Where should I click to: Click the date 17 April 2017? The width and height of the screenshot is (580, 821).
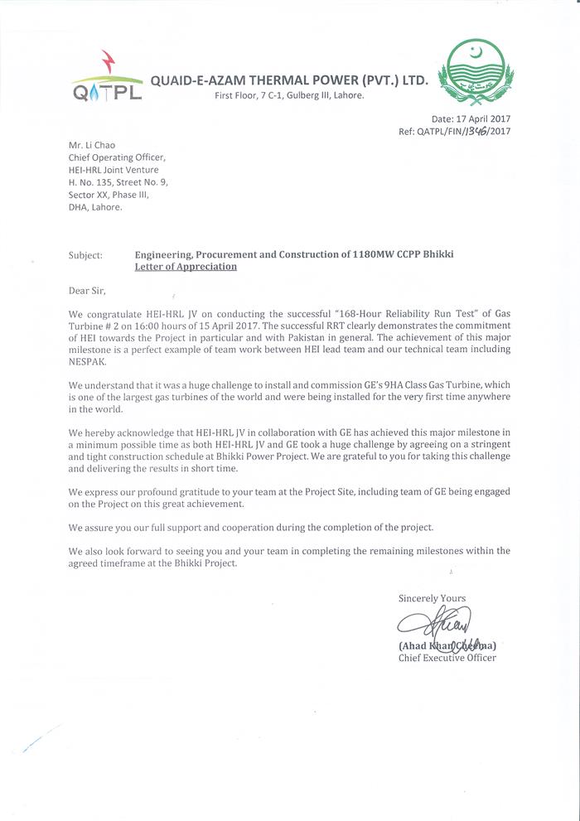click(x=482, y=119)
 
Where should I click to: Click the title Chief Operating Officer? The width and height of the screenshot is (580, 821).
click(x=117, y=157)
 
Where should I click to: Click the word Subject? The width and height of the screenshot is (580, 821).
click(x=85, y=255)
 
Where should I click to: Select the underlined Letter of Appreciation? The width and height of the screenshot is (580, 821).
click(x=186, y=267)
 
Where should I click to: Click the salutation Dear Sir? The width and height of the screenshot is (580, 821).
click(x=87, y=291)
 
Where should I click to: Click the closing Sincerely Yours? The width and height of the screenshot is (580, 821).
click(x=432, y=598)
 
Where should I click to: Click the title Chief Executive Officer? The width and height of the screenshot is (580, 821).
click(x=447, y=658)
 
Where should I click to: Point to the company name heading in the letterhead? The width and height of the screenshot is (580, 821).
click(x=288, y=80)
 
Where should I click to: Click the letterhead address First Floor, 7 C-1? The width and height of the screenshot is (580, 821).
click(x=288, y=95)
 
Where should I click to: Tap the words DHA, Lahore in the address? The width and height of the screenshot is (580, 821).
click(x=95, y=207)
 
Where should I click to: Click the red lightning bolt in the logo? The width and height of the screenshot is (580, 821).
click(x=108, y=60)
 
